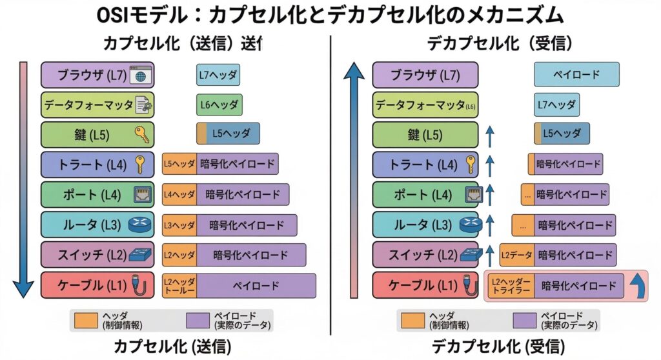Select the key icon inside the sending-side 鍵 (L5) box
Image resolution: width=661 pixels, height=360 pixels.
pyautogui.click(x=142, y=134)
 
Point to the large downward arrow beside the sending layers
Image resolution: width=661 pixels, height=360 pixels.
pyautogui.click(x=23, y=181)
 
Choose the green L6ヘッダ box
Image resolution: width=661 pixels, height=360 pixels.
pyautogui.click(x=219, y=105)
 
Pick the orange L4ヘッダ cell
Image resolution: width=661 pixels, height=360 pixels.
pyautogui.click(x=179, y=194)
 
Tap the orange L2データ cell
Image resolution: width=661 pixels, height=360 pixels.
pyautogui.click(x=516, y=255)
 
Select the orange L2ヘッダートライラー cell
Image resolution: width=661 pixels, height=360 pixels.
pyautogui.click(x=511, y=286)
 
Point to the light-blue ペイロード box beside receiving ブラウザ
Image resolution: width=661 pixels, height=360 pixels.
pyautogui.click(x=576, y=75)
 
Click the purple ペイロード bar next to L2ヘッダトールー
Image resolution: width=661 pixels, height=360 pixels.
pyautogui.click(x=256, y=286)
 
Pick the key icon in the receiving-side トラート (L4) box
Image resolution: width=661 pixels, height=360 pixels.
pyautogui.click(x=471, y=165)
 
